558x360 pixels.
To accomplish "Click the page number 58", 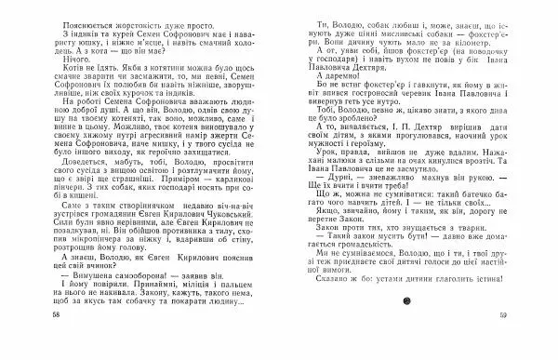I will pyautogui.click(x=34, y=346).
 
